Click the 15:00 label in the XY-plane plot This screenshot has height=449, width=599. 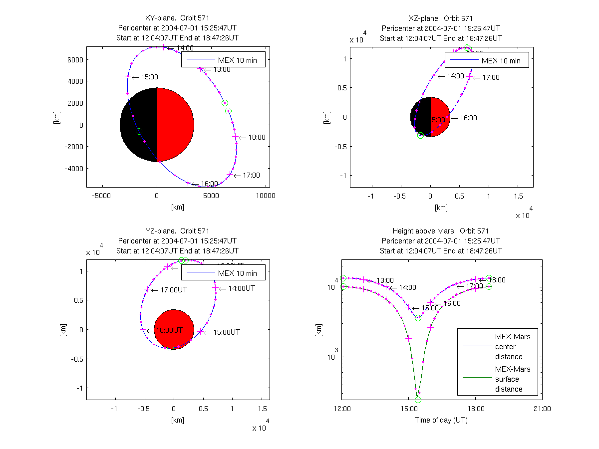[149, 77]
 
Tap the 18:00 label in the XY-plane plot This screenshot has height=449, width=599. [257, 137]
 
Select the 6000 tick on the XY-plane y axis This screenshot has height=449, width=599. [76, 59]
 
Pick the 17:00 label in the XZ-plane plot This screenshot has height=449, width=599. [490, 77]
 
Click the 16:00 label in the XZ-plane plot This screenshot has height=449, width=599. [468, 118]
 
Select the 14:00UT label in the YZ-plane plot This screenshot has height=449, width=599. [242, 288]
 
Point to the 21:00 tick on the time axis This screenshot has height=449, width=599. [542, 409]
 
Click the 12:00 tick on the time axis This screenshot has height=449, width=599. [342, 409]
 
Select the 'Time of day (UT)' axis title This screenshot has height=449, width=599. [441, 420]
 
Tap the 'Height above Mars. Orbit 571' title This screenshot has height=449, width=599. [441, 231]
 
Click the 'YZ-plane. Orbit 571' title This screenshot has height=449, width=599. [177, 231]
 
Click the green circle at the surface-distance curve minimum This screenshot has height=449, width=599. [418, 400]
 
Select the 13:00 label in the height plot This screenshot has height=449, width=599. [385, 280]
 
